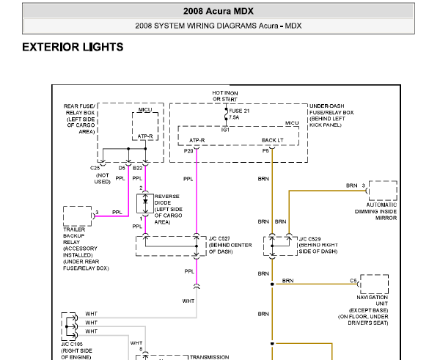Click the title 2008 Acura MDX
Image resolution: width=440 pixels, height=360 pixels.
coord(219,11)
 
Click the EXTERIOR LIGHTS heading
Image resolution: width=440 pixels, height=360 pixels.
coord(73,47)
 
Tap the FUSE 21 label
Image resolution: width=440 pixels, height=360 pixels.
coord(239,111)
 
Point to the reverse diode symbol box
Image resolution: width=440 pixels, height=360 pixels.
coord(145,203)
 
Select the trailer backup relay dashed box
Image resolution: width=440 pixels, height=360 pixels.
coord(78,216)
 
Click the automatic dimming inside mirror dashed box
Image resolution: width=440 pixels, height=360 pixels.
coord(383,191)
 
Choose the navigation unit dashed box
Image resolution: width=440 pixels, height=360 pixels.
coord(374,284)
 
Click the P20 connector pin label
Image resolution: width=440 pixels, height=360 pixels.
coord(188,151)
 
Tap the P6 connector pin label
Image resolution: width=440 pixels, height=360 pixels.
coord(265,151)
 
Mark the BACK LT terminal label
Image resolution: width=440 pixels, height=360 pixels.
coord(273,140)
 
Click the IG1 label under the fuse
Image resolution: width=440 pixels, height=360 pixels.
coord(225,130)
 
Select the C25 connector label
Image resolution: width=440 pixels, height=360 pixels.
coord(95,168)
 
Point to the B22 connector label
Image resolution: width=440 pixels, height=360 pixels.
coord(138,168)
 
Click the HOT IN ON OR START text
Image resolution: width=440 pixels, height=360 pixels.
coord(225,96)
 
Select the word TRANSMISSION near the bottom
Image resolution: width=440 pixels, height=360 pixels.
coord(209,357)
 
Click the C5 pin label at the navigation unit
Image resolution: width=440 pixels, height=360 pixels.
coord(353,281)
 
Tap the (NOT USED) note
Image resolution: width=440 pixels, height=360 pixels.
coord(103,178)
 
